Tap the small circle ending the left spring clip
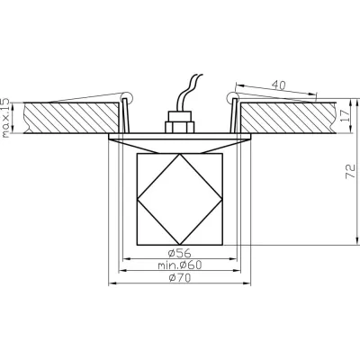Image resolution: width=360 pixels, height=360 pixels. point(126,95)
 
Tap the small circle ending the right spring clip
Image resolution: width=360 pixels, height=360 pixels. point(232,94)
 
